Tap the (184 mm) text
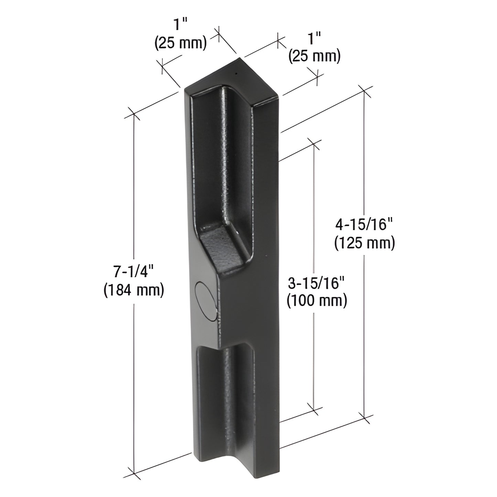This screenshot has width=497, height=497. (x=134, y=291)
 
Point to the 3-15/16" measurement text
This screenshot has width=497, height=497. (x=316, y=283)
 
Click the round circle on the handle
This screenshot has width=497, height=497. (x=205, y=298)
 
